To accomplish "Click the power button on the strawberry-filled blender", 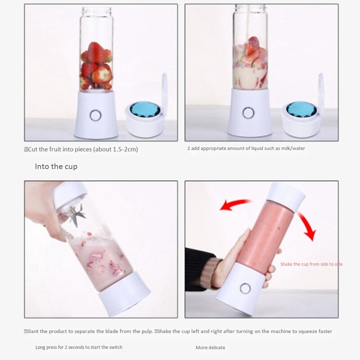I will pyautogui.click(x=95, y=115).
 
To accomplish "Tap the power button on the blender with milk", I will pyautogui.click(x=248, y=112).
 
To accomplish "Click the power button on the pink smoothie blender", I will pyautogui.click(x=245, y=288).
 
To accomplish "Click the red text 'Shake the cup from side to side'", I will pyautogui.click(x=311, y=264).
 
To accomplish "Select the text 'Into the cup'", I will pyautogui.click(x=56, y=166).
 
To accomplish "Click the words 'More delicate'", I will pyautogui.click(x=210, y=347).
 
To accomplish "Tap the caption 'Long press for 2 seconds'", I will pyautogui.click(x=79, y=347).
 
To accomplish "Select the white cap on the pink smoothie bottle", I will pyautogui.click(x=286, y=196).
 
